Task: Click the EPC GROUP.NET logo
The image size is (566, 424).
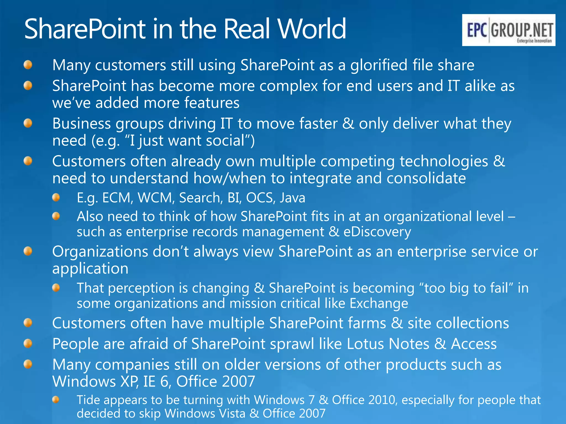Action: click(509, 30)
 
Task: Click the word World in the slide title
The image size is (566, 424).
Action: click(311, 29)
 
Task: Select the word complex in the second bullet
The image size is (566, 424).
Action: click(289, 86)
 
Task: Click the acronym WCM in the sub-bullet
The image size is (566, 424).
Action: click(155, 198)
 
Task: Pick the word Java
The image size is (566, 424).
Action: click(292, 198)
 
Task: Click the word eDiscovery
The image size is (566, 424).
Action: click(377, 232)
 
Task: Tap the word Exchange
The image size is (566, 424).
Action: click(379, 303)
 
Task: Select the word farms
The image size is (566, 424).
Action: click(366, 323)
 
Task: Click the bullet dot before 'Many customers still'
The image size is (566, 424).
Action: click(28, 65)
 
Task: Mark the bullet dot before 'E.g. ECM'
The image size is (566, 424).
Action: click(56, 198)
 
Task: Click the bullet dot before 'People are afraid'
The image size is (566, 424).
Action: click(28, 344)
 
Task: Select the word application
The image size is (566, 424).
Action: click(90, 269)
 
